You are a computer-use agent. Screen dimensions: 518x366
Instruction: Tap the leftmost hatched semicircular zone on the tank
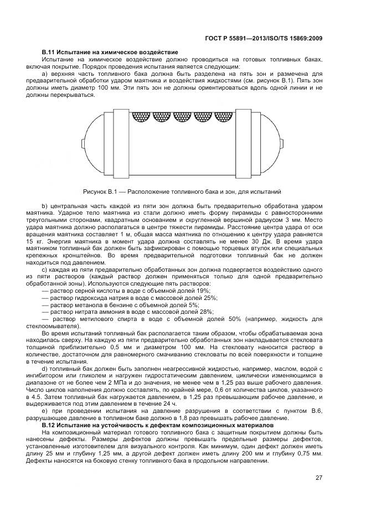pos(142,117)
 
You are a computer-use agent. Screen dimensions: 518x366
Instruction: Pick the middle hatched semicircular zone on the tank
pos(183,117)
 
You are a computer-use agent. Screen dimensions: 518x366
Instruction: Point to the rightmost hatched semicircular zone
pos(224,117)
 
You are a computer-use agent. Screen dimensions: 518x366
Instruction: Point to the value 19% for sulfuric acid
pos(203,290)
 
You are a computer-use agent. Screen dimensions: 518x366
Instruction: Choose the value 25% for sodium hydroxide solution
pos(210,297)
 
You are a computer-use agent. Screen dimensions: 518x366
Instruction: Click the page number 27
pos(319,478)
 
